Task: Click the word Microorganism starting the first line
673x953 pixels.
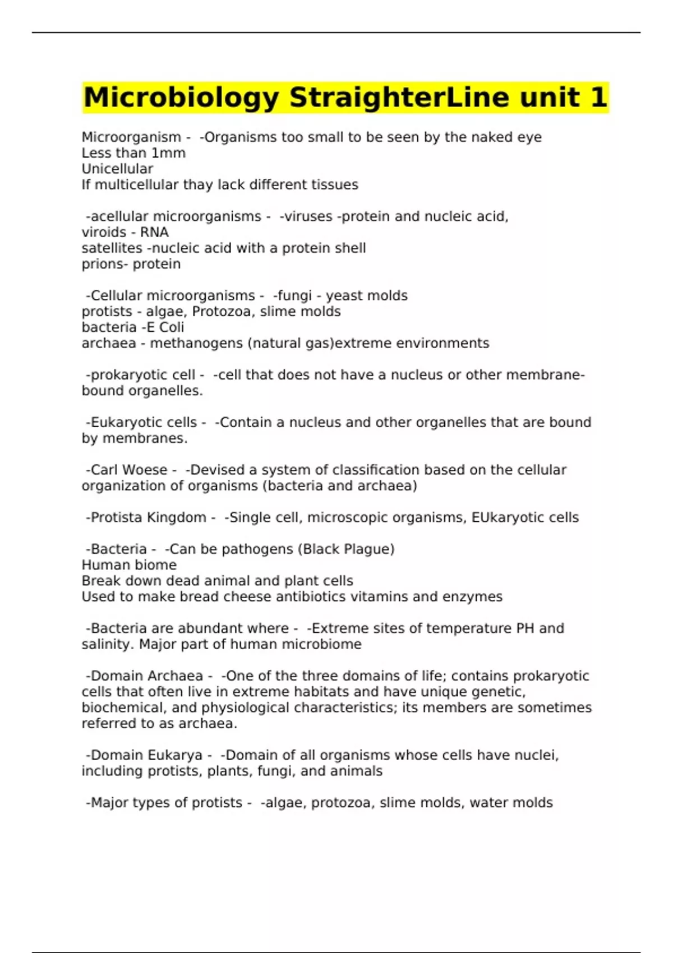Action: [131, 137]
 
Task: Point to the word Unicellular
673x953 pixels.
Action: [117, 169]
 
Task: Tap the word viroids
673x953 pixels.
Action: [104, 232]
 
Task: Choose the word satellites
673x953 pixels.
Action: [112, 248]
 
